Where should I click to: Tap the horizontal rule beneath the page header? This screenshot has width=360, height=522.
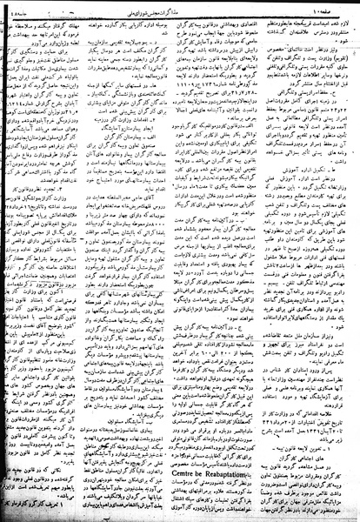(180, 14)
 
